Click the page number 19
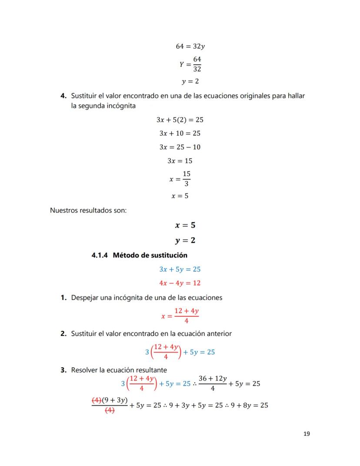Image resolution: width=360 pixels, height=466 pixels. click(x=307, y=433)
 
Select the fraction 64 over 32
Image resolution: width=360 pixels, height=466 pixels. click(x=197, y=64)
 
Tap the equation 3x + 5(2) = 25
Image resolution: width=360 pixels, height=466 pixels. click(x=180, y=119)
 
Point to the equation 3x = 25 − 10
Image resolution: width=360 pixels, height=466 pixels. click(x=180, y=147)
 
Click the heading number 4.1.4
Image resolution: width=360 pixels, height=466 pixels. click(x=100, y=255)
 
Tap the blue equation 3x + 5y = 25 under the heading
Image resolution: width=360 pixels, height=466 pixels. click(x=180, y=269)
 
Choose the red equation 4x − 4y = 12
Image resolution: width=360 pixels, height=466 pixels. click(x=180, y=283)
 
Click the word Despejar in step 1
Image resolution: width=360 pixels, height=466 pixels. click(x=85, y=298)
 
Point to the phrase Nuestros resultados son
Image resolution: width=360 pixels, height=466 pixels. click(x=88, y=211)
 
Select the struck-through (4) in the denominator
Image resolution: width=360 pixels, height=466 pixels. click(x=110, y=410)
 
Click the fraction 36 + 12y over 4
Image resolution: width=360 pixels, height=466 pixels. click(x=212, y=383)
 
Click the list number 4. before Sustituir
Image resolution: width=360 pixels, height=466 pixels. click(x=63, y=95)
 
